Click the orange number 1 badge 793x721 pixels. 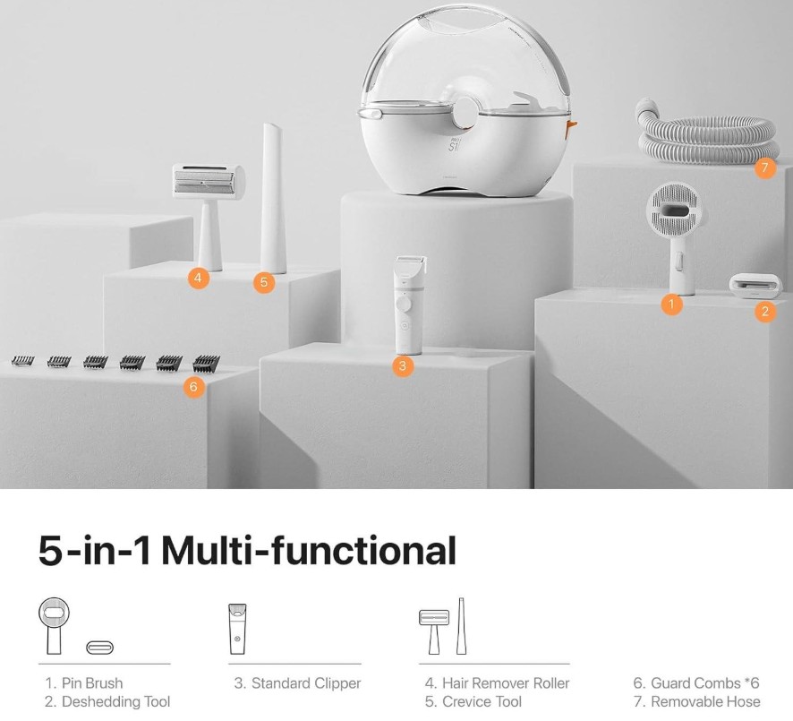pos(671,305)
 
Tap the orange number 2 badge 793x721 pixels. pos(764,311)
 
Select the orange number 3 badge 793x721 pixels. pos(403,365)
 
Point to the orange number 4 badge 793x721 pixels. pos(198,278)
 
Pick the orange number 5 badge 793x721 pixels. pos(264,282)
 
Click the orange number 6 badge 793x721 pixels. pos(193,387)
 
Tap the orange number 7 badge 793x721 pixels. pos(764,167)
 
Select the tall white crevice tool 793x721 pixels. pos(274,198)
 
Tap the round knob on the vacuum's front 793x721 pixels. pos(465,112)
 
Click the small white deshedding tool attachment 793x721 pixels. pos(752,287)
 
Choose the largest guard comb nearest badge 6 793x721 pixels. pos(207,363)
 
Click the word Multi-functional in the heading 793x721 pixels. pos(309,551)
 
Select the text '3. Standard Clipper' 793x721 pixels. pos(297,683)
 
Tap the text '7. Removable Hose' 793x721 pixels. pos(697,702)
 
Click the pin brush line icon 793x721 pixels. pos(54,626)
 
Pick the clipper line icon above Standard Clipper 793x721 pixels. pos(238,629)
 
